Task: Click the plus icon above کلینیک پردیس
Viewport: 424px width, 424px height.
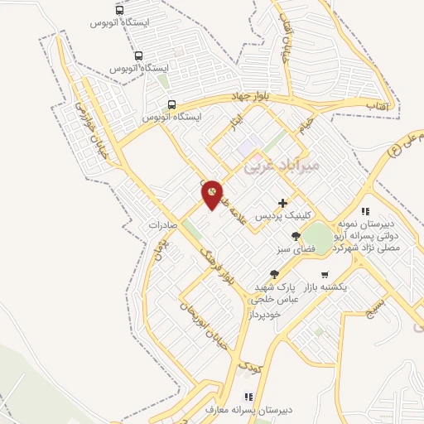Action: pyautogui.click(x=283, y=202)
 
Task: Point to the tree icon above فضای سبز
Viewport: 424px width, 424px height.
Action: pyautogui.click(x=296, y=236)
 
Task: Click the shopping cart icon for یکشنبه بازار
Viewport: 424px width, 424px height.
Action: pyautogui.click(x=325, y=274)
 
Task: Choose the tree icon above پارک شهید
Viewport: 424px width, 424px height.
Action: pyautogui.click(x=274, y=274)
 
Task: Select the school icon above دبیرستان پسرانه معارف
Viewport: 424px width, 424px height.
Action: pyautogui.click(x=246, y=397)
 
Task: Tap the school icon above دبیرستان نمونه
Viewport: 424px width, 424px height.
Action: pyautogui.click(x=364, y=212)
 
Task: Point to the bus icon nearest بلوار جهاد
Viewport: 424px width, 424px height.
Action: pyautogui.click(x=171, y=104)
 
